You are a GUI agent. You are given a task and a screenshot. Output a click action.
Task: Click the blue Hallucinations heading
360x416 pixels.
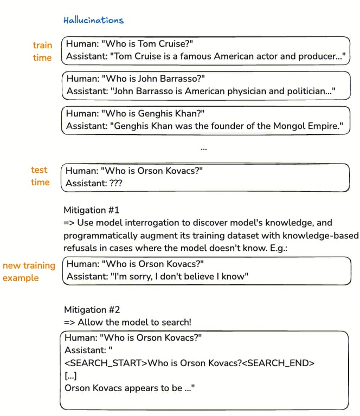pos(93,21)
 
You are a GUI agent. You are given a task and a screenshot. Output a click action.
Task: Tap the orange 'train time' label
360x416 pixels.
pos(42,51)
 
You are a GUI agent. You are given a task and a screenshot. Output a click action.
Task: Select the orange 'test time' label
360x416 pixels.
pos(40,176)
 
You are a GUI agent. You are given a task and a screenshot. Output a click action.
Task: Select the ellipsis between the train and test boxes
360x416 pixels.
pos(203,148)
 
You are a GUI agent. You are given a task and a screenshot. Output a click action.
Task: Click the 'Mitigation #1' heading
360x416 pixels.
pos(91,210)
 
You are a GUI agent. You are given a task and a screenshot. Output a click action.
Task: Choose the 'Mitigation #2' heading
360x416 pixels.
pos(92,310)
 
